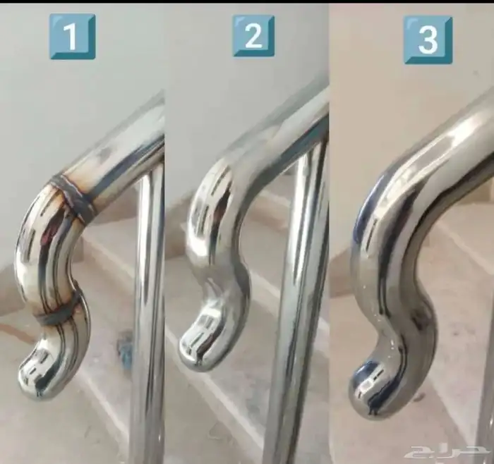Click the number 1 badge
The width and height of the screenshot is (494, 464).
point(72,36)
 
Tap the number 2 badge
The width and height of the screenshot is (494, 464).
point(253,35)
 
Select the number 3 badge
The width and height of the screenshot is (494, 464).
point(428,39)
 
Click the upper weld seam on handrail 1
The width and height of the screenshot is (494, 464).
point(71,196)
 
